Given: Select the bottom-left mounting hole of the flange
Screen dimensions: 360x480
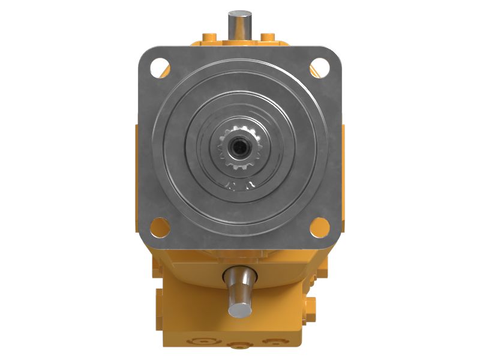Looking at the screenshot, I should point(159,227).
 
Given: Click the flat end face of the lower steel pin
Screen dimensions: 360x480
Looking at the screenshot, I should point(238,308).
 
